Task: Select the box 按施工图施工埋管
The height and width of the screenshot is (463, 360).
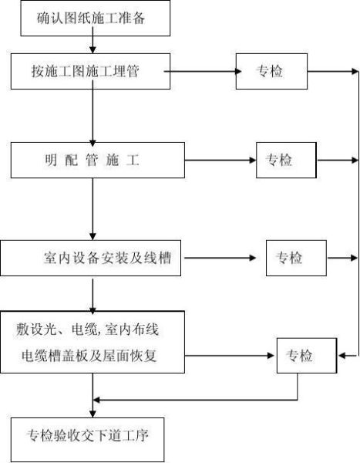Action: point(93,72)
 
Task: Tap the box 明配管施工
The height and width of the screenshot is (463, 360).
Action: point(93,161)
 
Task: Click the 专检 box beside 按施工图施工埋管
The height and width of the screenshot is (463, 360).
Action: point(271,72)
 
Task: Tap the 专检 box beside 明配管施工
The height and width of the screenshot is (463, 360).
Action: point(284,161)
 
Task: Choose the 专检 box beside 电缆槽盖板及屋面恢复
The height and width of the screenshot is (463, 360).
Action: point(306,356)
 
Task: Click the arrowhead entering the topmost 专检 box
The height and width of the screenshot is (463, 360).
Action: point(236,72)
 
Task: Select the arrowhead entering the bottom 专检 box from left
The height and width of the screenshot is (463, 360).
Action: point(272,356)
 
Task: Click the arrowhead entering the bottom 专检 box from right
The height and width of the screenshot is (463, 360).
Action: point(340,356)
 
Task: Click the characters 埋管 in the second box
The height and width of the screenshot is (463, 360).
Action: point(150,72)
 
